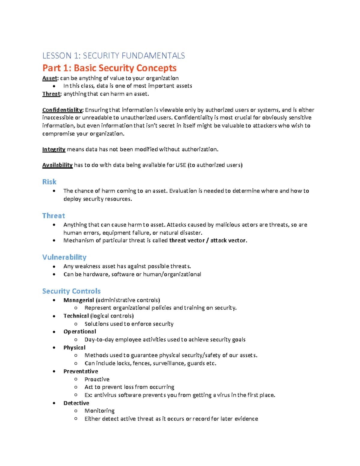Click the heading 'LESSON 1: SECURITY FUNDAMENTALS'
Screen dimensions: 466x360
[113, 56]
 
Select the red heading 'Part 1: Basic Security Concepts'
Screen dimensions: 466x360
[109, 68]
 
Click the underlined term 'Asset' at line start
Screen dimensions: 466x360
[49, 78]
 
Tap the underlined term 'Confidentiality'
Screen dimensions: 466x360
[62, 110]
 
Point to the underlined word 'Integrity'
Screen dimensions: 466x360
[54, 149]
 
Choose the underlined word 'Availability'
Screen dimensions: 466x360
[57, 165]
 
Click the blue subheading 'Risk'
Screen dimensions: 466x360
[49, 182]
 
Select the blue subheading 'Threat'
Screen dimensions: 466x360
[53, 216]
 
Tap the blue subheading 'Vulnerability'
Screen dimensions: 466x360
[64, 257]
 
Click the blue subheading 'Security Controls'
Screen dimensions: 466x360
[71, 291]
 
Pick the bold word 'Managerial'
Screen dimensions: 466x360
[79, 300]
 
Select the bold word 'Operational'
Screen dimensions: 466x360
[80, 332]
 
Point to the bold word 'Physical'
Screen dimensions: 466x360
[74, 347]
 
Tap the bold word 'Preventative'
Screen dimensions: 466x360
[81, 371]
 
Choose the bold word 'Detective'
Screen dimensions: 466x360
[76, 403]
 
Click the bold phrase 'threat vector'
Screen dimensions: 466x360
[187, 240]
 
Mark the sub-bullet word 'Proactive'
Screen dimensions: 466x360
[97, 379]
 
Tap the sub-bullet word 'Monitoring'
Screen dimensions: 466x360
[100, 411]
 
